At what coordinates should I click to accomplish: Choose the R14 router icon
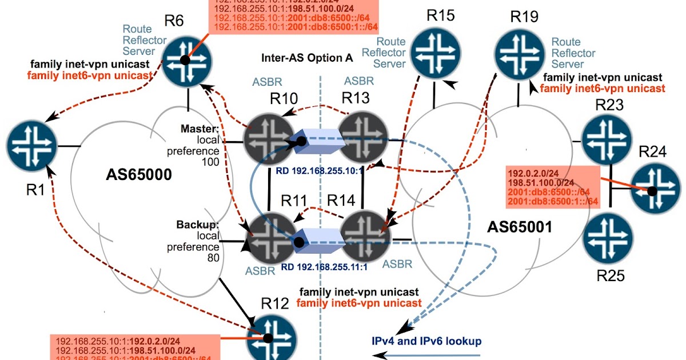pyautogui.click(x=365, y=235)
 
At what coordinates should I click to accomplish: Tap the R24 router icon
pyautogui.click(x=656, y=190)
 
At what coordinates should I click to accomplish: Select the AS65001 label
pyautogui.click(x=519, y=227)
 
